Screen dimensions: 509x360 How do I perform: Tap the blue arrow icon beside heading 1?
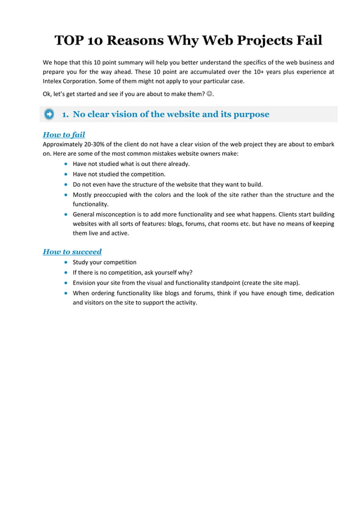pyautogui.click(x=49, y=115)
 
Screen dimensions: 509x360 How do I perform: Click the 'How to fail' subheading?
pyautogui.click(x=64, y=135)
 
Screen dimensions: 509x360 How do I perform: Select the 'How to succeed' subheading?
pyautogui.click(x=72, y=252)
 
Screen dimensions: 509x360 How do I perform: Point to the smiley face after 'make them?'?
pyautogui.click(x=209, y=94)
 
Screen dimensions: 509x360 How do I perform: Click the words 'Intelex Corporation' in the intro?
pyautogui.click(x=69, y=81)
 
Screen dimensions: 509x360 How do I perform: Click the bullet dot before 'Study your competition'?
pyautogui.click(x=67, y=262)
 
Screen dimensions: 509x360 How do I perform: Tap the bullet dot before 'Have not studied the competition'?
pyautogui.click(x=67, y=174)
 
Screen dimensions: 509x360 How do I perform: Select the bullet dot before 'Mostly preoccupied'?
pyautogui.click(x=67, y=195)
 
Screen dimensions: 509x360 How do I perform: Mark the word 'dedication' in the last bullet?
pyautogui.click(x=313, y=293)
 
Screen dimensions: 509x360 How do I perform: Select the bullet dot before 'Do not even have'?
pyautogui.click(x=67, y=185)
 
